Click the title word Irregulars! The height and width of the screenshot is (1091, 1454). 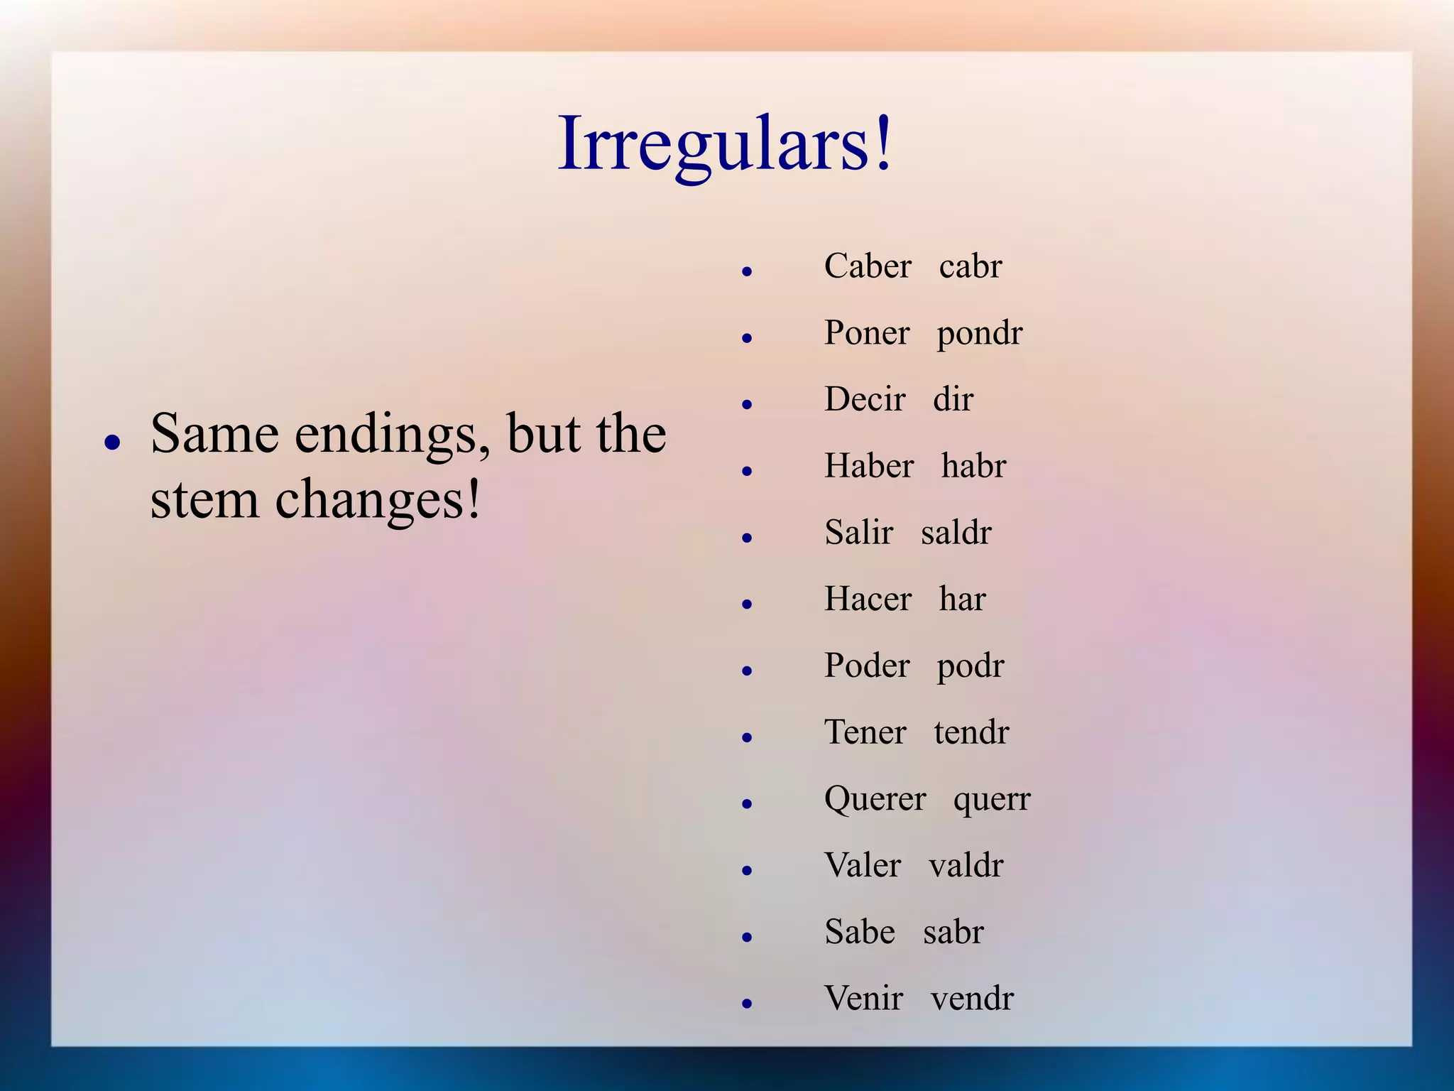(724, 144)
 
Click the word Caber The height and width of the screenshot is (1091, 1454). (868, 266)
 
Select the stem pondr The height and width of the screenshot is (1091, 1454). (980, 333)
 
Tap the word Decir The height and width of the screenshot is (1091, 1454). (865, 399)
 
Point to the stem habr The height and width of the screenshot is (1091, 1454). (973, 466)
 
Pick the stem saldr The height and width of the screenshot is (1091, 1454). (956, 533)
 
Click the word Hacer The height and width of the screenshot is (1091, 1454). (868, 599)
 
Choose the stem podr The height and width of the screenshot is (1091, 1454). (971, 666)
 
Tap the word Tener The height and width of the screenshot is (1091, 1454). (865, 732)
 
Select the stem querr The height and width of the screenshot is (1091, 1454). (992, 800)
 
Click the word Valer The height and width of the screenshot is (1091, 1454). (863, 866)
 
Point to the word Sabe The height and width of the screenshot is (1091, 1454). (860, 932)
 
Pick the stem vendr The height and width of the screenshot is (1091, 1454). (972, 999)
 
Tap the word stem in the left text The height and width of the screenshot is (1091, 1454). (204, 499)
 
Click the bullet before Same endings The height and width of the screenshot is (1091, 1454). (111, 443)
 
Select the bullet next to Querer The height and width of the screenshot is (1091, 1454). (746, 804)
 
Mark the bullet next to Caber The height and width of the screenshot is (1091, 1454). (746, 271)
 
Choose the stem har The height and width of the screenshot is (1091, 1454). (962, 599)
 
